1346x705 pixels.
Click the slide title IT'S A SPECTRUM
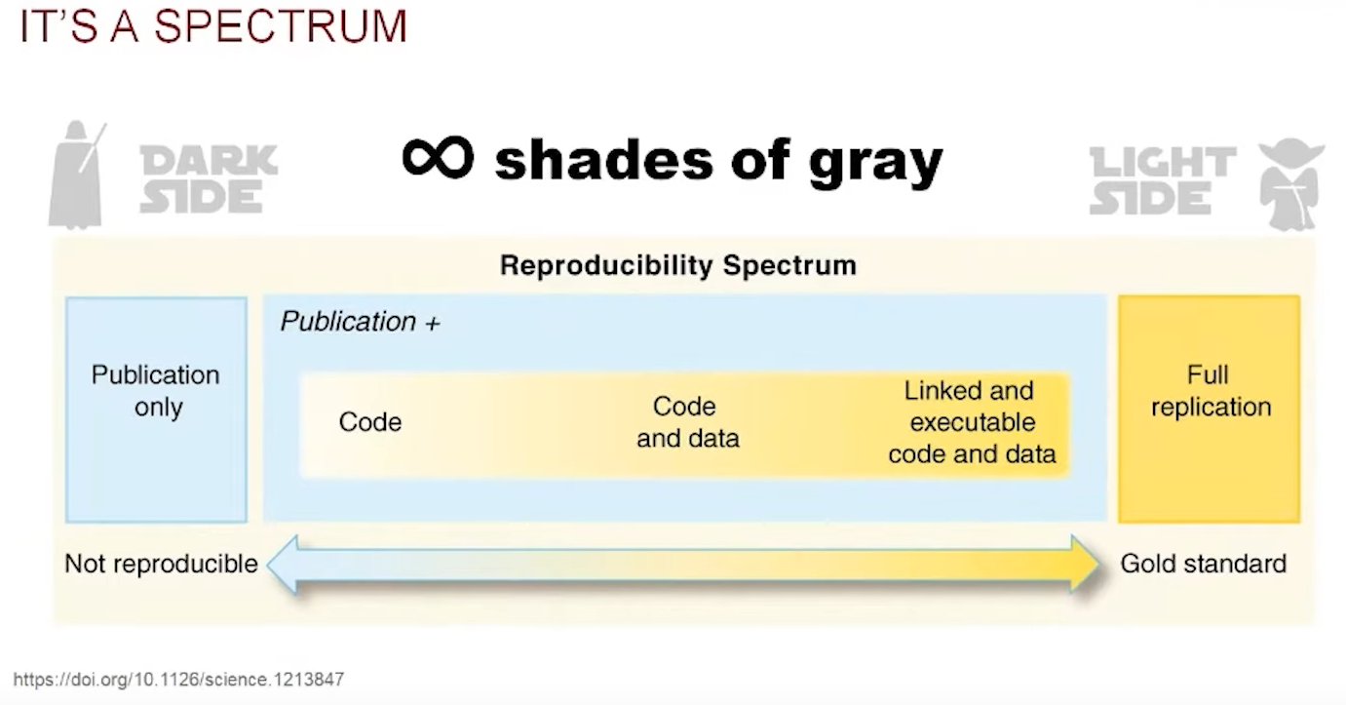[x=212, y=26]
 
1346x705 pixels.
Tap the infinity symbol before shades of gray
[x=438, y=157]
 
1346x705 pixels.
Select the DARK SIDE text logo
[x=208, y=179]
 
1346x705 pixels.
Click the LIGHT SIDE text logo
[x=1162, y=180]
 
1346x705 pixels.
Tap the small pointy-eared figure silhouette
[x=1289, y=181]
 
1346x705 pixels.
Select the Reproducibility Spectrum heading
[x=677, y=265]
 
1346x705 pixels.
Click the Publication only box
[x=156, y=409]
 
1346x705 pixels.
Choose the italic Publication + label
[x=360, y=322]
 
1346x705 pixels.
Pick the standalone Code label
[x=370, y=422]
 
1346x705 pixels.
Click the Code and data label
[x=687, y=422]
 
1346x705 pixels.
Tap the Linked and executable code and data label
[x=971, y=422]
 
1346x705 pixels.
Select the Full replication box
[x=1210, y=409]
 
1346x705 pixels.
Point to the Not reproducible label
[x=161, y=564]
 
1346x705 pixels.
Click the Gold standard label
[x=1203, y=564]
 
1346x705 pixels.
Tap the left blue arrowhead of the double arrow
[x=283, y=564]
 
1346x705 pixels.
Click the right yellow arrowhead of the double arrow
[x=1085, y=564]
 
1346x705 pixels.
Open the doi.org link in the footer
[x=178, y=679]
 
